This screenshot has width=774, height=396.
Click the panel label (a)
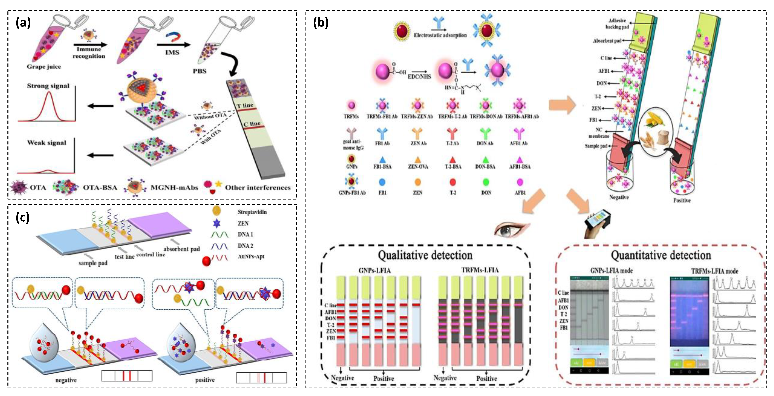pos(23,23)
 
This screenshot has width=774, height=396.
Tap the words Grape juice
pos(44,67)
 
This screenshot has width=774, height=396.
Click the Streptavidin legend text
pos(252,212)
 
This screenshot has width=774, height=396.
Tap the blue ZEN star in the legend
pos(217,223)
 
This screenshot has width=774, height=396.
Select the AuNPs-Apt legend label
pos(251,257)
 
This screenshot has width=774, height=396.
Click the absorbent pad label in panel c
pos(182,249)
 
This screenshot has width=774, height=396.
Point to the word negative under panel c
pos(66,380)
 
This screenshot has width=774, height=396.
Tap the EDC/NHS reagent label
pos(419,77)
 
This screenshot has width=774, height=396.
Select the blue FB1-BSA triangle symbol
pos(382,160)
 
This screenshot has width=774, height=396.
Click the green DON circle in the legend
pos(486,182)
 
